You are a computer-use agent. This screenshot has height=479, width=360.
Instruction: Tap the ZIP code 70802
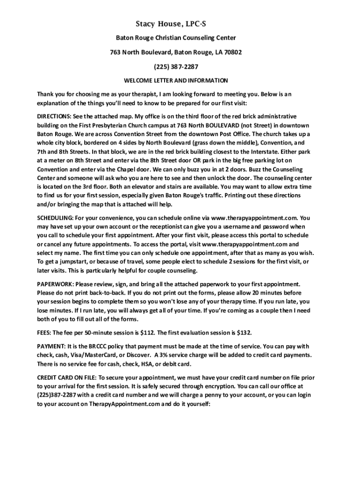point(233,52)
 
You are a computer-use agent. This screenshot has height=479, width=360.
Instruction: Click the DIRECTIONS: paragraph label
point(54,116)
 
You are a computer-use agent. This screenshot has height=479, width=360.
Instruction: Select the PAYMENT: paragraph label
point(51,346)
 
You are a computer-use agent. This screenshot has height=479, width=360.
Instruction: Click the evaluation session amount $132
point(244,333)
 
